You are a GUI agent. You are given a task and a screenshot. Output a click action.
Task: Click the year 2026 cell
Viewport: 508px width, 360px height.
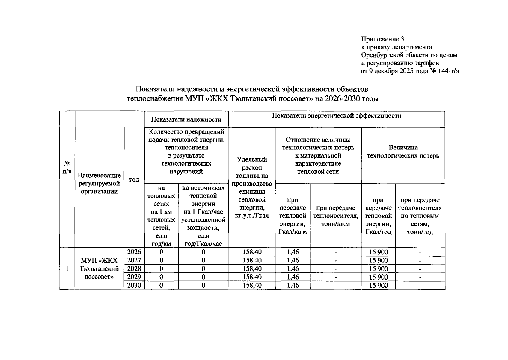(134, 252)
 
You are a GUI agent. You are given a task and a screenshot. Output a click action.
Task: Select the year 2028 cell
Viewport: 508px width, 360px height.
(134, 268)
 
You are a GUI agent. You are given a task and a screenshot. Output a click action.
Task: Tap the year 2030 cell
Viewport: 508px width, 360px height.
(134, 285)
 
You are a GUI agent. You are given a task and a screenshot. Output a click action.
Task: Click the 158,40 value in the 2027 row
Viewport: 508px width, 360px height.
(252, 260)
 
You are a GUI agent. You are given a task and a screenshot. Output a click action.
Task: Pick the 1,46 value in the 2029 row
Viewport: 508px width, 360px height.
(293, 277)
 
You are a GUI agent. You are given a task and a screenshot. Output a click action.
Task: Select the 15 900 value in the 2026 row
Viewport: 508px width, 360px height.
(379, 252)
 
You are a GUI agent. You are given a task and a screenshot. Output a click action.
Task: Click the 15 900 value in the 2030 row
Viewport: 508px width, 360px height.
(379, 285)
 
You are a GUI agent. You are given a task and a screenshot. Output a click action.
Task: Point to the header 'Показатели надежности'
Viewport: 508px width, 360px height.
(186, 119)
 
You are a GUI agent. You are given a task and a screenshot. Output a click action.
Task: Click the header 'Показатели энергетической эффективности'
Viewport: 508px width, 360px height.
(336, 116)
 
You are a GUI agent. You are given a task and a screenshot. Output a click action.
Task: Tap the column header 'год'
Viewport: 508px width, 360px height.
(134, 179)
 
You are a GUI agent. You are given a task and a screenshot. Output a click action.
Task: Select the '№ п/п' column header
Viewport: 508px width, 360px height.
(67, 167)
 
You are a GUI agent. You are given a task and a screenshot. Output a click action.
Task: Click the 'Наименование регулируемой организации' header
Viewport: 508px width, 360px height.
(99, 183)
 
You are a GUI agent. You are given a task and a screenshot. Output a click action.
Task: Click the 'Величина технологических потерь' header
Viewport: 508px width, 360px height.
(403, 151)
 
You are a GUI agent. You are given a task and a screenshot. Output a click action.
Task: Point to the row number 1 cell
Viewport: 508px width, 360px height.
(67, 268)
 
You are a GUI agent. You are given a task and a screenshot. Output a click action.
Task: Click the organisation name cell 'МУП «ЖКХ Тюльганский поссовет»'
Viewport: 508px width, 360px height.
(99, 268)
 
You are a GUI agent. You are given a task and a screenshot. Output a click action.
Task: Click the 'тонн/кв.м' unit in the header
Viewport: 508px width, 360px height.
(336, 224)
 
